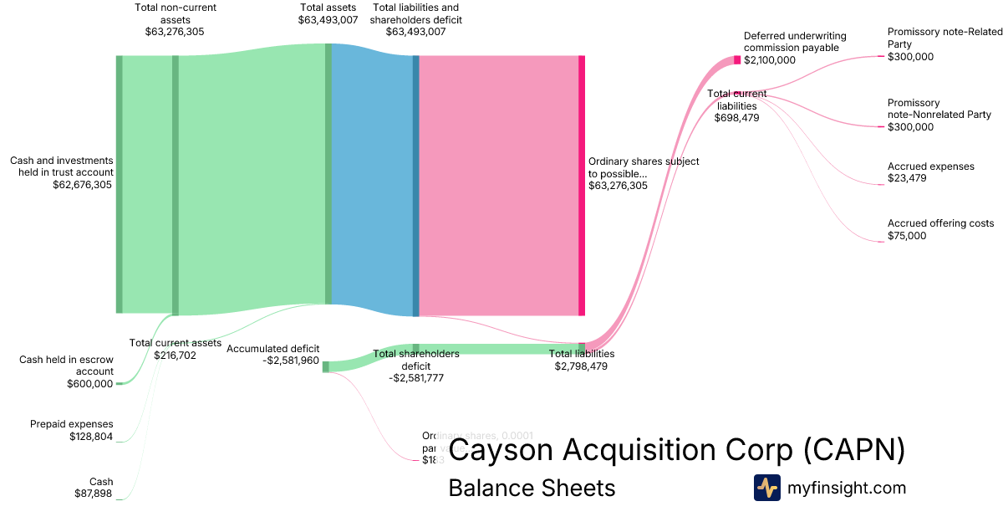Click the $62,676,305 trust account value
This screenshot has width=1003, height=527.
[82, 185]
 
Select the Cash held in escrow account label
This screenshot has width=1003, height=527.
[66, 366]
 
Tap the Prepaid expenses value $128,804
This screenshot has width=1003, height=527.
[91, 436]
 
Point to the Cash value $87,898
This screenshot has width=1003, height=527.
[94, 494]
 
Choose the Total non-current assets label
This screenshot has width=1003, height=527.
[174, 13]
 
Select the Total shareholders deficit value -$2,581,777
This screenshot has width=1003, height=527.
[416, 377]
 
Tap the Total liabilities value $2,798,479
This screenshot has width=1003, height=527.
[581, 366]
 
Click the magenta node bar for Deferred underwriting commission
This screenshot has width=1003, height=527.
[737, 59]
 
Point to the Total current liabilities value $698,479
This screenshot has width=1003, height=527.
[736, 118]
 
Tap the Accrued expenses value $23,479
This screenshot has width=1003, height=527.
[907, 178]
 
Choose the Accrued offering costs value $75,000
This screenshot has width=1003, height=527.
[907, 236]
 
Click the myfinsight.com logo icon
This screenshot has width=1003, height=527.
[766, 488]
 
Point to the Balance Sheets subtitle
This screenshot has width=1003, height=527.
[532, 488]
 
